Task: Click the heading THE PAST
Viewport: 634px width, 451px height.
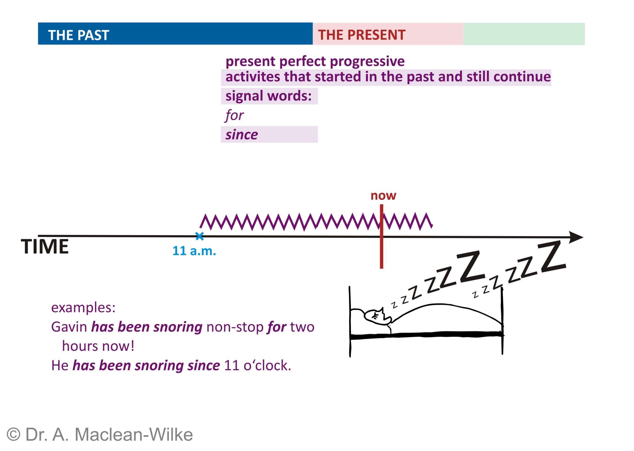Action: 78,35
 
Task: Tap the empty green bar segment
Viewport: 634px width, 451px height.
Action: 524,34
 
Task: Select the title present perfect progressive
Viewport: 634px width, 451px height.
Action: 315,61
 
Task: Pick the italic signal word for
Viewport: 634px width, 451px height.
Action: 234,115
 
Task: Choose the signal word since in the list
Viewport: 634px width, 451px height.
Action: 242,135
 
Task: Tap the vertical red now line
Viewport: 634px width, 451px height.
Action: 382,236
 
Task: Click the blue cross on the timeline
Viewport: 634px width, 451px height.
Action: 199,236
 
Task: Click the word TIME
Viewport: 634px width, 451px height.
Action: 45,246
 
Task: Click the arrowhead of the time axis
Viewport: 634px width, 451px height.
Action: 576,237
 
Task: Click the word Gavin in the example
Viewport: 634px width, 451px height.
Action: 69,327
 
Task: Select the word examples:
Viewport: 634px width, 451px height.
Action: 83,308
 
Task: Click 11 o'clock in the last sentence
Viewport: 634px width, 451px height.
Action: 257,365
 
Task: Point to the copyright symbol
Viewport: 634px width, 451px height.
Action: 13,434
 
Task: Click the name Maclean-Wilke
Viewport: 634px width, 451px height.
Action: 134,434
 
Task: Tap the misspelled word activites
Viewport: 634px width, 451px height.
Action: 253,77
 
